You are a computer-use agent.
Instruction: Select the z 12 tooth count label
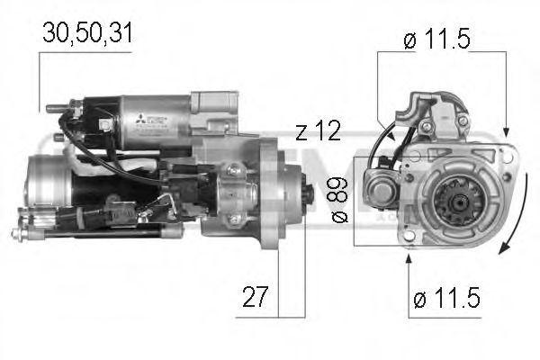(x=318, y=131)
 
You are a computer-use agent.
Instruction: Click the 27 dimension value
(x=255, y=296)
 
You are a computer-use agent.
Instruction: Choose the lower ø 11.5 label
(x=446, y=296)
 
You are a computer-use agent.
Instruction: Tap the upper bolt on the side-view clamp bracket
(x=233, y=170)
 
